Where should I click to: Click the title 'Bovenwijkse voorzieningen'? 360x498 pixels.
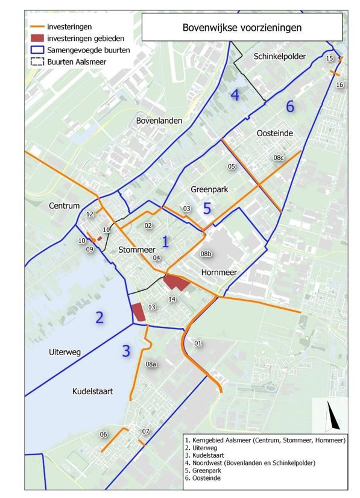click(242, 27)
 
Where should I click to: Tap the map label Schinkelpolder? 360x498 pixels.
click(280, 57)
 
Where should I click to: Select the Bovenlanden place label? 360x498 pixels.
click(159, 121)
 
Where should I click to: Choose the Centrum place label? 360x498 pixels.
click(64, 206)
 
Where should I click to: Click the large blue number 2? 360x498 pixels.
click(99, 317)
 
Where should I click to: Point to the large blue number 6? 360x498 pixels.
click(290, 107)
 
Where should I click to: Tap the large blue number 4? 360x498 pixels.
click(235, 95)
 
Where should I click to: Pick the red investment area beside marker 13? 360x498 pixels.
click(139, 312)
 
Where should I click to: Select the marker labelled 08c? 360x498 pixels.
click(278, 157)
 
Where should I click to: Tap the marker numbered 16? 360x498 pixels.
click(340, 85)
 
